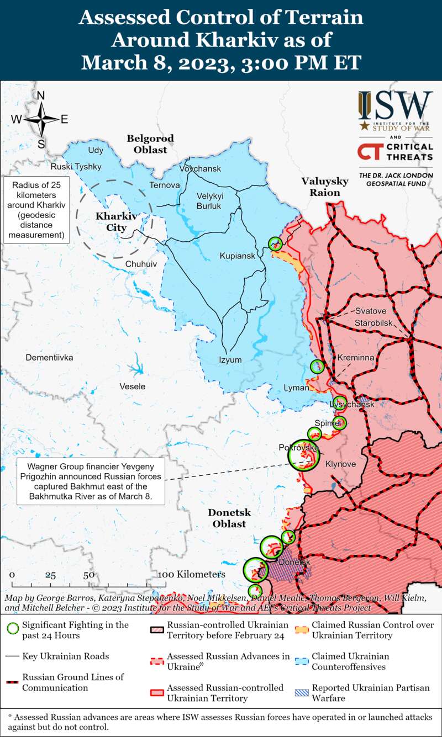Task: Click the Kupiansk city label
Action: (x=237, y=256)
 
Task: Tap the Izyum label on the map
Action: (x=230, y=360)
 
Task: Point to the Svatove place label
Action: (x=371, y=311)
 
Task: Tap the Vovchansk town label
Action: (x=200, y=168)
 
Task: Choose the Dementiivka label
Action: (x=49, y=358)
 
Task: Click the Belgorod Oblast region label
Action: (x=150, y=144)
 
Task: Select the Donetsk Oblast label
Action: (x=229, y=518)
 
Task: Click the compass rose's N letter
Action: (x=40, y=96)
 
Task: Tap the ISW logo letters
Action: (x=396, y=105)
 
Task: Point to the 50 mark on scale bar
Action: (x=88, y=575)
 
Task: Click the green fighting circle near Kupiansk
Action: (x=275, y=243)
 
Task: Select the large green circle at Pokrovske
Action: (x=304, y=455)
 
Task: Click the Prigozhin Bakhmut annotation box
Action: (x=91, y=480)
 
